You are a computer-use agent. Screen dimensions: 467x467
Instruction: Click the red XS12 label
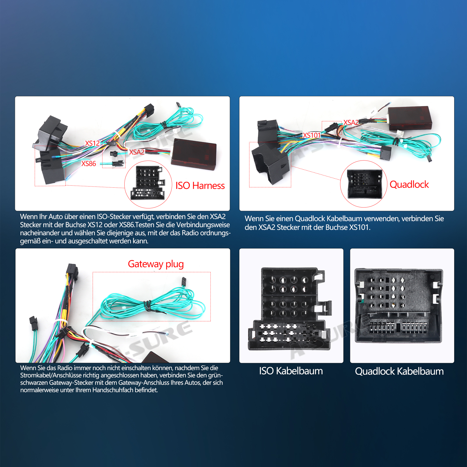click(92, 143)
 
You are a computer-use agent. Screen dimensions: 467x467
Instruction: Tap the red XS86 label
click(88, 163)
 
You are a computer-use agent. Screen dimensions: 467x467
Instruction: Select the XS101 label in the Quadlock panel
click(311, 135)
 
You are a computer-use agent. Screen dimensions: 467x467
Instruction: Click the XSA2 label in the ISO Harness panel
click(137, 152)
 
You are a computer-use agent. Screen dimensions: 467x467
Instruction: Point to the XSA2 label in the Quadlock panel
click(351, 122)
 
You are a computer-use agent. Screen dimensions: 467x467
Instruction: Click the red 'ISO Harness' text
click(200, 186)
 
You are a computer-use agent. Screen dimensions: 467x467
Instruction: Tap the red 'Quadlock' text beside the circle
click(409, 184)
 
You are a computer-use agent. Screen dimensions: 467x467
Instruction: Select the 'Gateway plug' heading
click(156, 264)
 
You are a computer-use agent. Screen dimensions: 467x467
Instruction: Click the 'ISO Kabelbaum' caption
click(291, 371)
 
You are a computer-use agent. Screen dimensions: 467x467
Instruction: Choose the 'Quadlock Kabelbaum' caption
click(399, 371)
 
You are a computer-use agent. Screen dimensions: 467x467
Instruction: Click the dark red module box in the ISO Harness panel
click(194, 154)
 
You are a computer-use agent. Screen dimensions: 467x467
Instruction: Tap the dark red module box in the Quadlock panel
click(410, 118)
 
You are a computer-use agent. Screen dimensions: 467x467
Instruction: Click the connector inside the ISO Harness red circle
click(147, 183)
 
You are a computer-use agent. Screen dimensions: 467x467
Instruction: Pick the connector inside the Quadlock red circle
click(365, 184)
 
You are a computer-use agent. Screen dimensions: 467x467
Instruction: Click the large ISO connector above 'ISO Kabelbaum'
click(290, 309)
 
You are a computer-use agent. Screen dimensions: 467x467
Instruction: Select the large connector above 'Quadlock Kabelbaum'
click(399, 306)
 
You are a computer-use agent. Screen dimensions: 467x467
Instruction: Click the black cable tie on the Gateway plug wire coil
click(148, 306)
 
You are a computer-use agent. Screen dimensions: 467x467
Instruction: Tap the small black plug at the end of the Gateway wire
click(184, 281)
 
